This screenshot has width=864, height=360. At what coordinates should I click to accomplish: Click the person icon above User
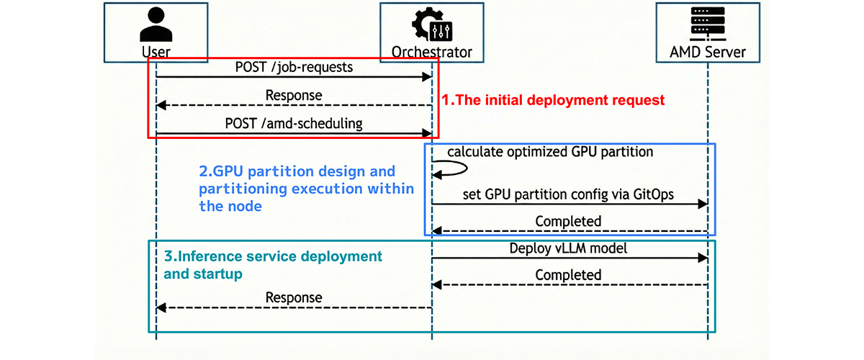(x=156, y=25)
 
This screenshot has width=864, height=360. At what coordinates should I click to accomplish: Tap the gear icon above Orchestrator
(x=431, y=24)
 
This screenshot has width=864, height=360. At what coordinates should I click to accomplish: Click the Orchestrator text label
(x=431, y=52)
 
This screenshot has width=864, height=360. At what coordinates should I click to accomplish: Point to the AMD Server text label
(x=707, y=52)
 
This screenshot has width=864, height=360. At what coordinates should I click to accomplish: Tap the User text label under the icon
(x=156, y=52)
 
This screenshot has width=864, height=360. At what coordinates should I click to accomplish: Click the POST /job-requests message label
(x=293, y=67)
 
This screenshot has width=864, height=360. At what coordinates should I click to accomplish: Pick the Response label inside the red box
(x=294, y=95)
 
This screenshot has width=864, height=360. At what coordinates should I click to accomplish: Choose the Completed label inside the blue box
(x=568, y=221)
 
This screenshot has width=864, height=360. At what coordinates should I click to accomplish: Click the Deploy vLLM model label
(x=569, y=248)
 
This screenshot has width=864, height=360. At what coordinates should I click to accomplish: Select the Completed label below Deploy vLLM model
(x=568, y=275)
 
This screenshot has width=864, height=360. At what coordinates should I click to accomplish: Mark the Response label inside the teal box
(x=294, y=297)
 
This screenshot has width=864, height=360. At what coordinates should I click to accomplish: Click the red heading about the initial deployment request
(x=553, y=100)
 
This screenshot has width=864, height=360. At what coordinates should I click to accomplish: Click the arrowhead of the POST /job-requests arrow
(x=426, y=76)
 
